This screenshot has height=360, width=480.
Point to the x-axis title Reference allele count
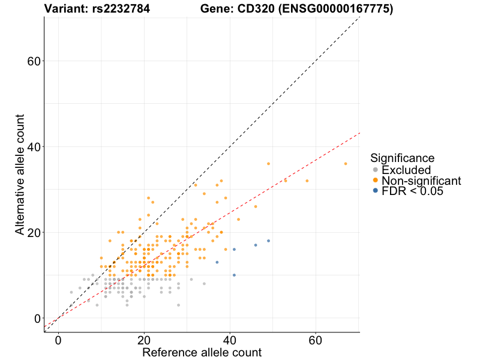coord(202,352)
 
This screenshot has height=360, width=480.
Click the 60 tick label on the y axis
coord(34,61)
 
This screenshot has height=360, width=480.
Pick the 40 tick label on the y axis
coord(34,147)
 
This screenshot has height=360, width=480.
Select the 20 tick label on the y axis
coord(34,232)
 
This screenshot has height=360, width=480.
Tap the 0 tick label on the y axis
coord(38,318)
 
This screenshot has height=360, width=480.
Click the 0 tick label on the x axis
coord(58,340)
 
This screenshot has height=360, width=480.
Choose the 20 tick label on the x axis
coord(144,340)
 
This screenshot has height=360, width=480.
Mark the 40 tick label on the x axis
coord(230,340)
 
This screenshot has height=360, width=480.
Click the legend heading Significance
coord(402,158)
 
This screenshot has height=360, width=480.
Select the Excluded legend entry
coord(406,170)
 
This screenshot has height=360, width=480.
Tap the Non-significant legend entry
coord(421,181)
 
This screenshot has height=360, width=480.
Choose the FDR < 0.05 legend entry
coord(412,191)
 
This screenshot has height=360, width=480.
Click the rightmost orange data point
coord(346,164)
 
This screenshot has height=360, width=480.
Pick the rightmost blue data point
coord(268,241)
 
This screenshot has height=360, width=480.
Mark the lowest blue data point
coord(234,275)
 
